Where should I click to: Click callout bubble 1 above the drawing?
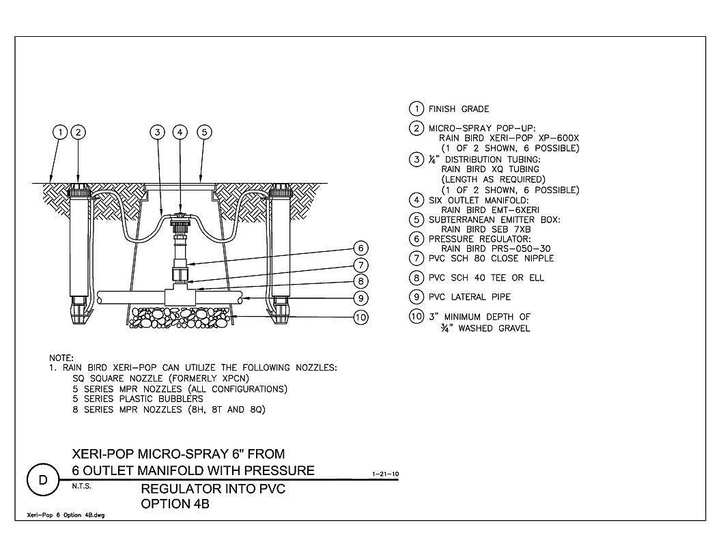pyautogui.click(x=60, y=132)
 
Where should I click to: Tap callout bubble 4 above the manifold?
pyautogui.click(x=180, y=132)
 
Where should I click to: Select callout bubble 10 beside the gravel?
pyautogui.click(x=361, y=317)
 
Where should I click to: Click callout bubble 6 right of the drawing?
pyautogui.click(x=361, y=248)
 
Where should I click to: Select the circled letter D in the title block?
pyautogui.click(x=43, y=481)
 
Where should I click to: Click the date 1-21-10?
pyautogui.click(x=385, y=474)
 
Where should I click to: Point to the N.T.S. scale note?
pyautogui.click(x=82, y=486)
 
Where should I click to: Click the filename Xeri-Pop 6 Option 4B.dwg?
pyautogui.click(x=66, y=515)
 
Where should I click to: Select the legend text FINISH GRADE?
pyautogui.click(x=459, y=109)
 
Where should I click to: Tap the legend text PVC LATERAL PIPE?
pyautogui.click(x=470, y=297)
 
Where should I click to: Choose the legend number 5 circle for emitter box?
pyautogui.click(x=416, y=220)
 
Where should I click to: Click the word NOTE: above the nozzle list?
pyautogui.click(x=61, y=358)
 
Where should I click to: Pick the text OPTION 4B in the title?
pyautogui.click(x=175, y=504)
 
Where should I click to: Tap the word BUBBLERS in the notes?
pyautogui.click(x=180, y=399)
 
